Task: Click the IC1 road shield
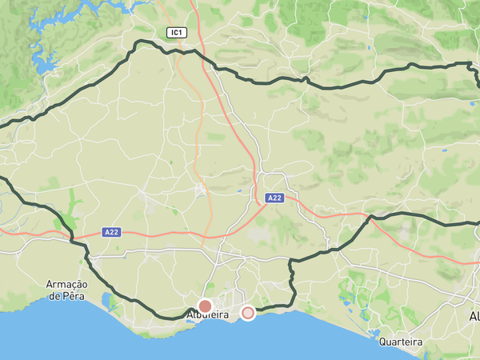click(x=176, y=32)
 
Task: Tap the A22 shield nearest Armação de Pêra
click(x=112, y=232)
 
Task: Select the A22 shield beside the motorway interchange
click(x=274, y=198)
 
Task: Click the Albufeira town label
click(x=208, y=315)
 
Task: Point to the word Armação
click(x=67, y=285)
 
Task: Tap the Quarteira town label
click(x=400, y=342)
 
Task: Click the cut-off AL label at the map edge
click(x=474, y=317)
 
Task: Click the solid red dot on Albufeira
click(x=205, y=306)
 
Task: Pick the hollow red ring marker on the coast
click(x=248, y=313)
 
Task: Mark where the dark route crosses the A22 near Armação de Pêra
click(x=72, y=236)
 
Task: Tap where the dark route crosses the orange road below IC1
click(x=194, y=50)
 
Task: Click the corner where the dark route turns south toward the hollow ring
click(x=291, y=261)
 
